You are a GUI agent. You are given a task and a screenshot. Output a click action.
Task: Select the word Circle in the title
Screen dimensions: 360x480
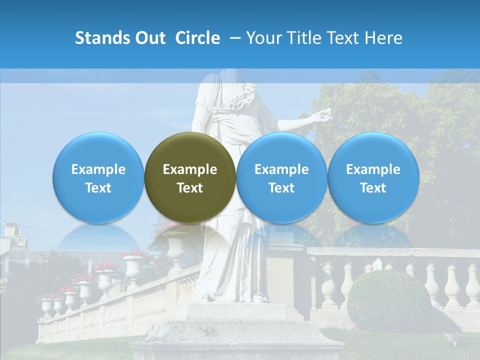[197, 38]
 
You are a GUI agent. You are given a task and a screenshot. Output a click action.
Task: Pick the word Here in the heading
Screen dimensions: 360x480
[383, 38]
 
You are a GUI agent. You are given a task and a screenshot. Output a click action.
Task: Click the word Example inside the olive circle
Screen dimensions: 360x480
[190, 169]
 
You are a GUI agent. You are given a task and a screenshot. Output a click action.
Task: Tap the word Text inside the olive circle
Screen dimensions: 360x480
[190, 188]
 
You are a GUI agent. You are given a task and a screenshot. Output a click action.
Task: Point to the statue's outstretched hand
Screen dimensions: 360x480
[320, 116]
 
